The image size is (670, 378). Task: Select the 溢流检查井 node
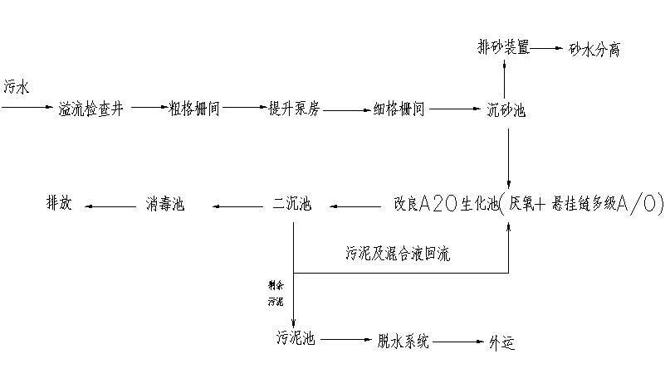(x=92, y=109)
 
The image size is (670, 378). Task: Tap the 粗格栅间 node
(x=194, y=109)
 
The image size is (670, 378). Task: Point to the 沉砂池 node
(x=506, y=109)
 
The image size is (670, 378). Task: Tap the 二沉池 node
(x=293, y=204)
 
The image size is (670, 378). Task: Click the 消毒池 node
(x=165, y=204)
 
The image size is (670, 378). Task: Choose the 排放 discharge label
(x=58, y=204)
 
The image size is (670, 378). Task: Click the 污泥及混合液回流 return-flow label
(x=398, y=250)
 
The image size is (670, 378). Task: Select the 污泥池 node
(x=295, y=339)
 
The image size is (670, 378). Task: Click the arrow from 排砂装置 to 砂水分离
(x=545, y=48)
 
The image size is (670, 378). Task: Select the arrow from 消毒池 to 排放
(x=110, y=205)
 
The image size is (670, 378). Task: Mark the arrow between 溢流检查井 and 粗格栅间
(x=148, y=108)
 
